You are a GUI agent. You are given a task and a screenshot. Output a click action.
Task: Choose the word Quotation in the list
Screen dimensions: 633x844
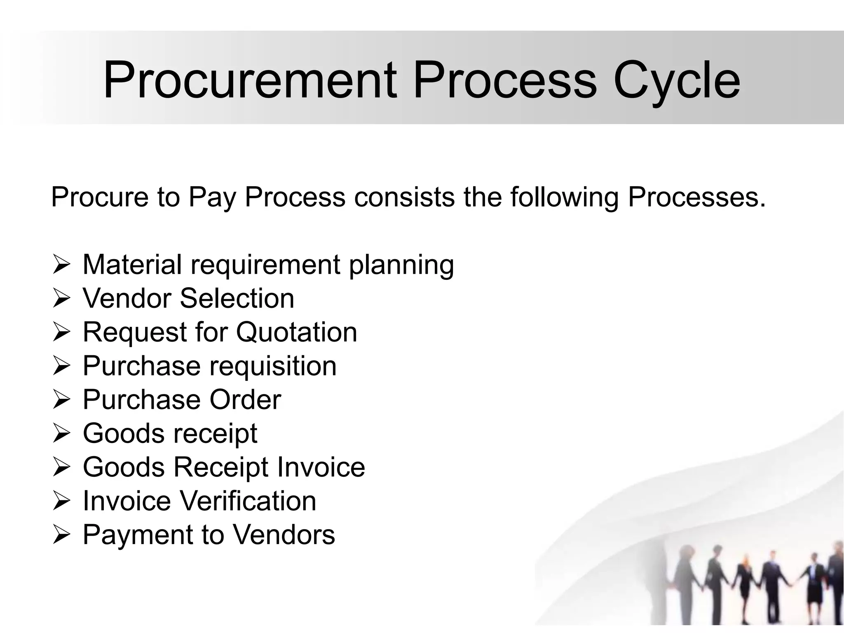(x=296, y=332)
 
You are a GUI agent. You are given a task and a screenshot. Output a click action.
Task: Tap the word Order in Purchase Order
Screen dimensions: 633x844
(x=245, y=400)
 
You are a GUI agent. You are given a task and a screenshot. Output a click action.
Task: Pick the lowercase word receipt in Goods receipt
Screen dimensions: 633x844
(x=215, y=434)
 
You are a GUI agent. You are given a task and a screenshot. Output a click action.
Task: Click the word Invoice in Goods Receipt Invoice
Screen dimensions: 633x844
(x=321, y=467)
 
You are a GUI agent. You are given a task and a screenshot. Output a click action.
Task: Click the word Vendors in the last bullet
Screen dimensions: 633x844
(x=284, y=535)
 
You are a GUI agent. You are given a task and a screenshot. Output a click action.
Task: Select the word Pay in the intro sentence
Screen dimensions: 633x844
(x=212, y=197)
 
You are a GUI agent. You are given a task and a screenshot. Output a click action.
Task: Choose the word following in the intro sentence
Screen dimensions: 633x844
(x=565, y=197)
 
